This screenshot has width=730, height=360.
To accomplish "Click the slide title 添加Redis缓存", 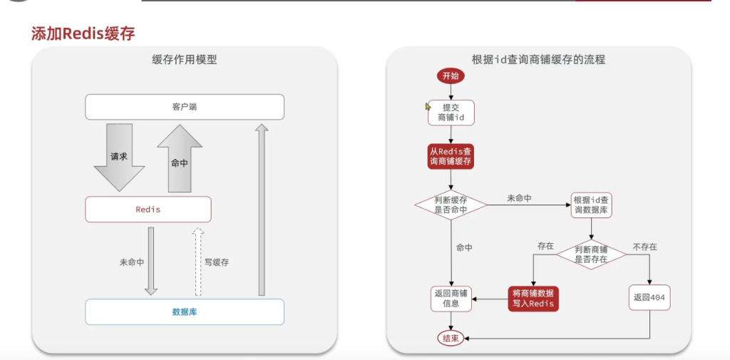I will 83,33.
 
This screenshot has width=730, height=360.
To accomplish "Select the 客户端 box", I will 185,107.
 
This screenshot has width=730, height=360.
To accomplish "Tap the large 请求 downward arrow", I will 119,157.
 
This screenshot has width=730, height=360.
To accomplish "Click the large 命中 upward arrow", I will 180,160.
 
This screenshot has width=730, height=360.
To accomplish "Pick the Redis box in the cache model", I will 148,210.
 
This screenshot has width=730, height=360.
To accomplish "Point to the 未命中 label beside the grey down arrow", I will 132,262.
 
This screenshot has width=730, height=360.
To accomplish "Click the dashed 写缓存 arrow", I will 199,262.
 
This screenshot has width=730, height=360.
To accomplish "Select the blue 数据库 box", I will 185,312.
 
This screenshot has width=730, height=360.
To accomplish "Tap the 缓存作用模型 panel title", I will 185,60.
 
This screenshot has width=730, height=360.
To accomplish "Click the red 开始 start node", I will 451,76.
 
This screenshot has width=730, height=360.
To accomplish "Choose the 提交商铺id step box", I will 451,112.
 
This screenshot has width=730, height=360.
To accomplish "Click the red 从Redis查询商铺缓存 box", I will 451,157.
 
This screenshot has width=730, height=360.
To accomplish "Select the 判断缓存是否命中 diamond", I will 451,205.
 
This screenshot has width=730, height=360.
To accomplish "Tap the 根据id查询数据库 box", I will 591,205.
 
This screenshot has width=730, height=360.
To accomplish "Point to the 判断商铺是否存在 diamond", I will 591,254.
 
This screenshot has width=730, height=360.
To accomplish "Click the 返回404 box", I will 649,298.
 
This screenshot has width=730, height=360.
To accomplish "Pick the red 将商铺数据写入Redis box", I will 533,298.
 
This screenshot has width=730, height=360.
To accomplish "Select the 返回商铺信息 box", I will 451,298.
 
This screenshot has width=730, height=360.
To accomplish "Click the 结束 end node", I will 451,337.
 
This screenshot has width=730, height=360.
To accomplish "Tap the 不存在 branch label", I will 644,247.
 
